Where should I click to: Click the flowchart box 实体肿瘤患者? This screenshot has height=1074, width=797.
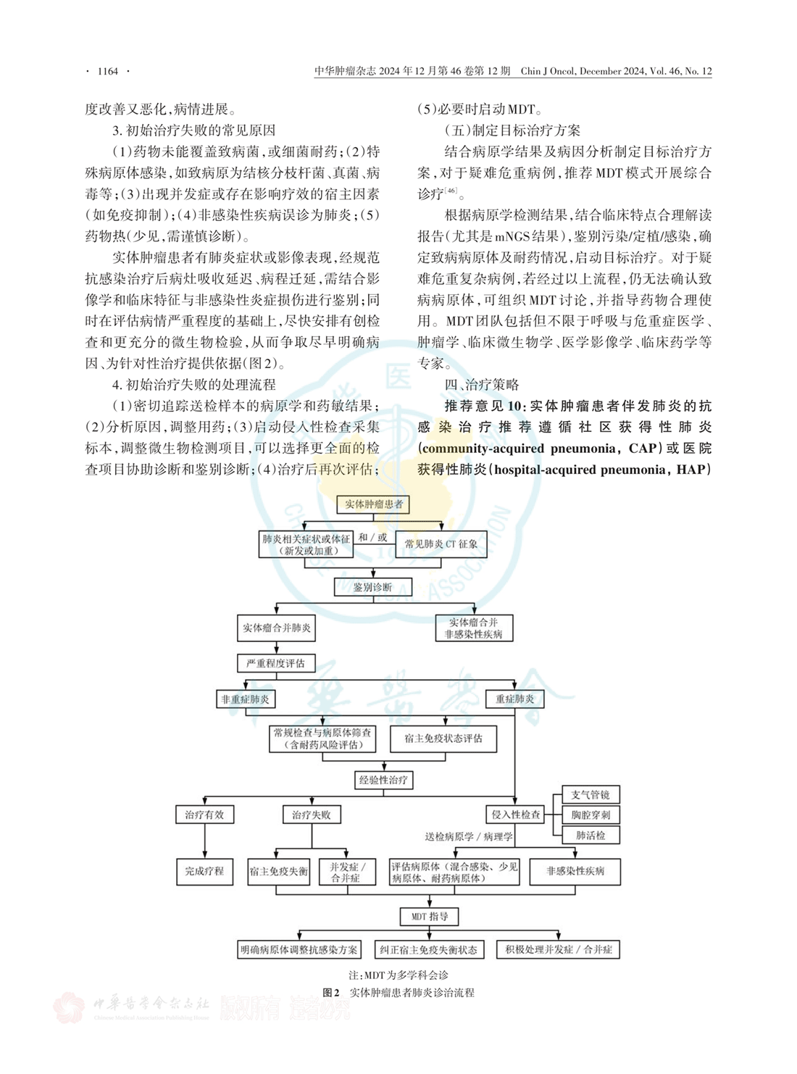(374, 504)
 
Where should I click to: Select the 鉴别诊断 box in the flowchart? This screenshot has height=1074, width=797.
(372, 587)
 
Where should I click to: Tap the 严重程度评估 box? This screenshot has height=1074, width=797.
(275, 663)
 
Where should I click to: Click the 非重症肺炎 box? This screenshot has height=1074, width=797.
(246, 699)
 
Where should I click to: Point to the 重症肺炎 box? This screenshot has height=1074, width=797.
(514, 699)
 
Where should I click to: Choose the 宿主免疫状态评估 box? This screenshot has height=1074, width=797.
(443, 738)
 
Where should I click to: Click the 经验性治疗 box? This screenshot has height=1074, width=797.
(383, 780)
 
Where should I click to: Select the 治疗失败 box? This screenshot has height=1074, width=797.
(312, 815)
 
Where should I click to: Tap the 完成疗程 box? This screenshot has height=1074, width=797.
(204, 871)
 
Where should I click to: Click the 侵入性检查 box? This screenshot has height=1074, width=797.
(516, 815)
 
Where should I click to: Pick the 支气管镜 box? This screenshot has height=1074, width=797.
(591, 795)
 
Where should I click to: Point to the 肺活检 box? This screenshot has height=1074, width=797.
(591, 836)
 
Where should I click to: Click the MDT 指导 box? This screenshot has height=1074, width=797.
(430, 917)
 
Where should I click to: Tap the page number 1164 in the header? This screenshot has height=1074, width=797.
(107, 71)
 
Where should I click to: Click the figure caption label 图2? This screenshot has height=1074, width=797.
(331, 993)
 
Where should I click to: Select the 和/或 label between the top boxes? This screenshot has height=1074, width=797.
(372, 538)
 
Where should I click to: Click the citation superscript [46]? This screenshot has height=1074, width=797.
(451, 191)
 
